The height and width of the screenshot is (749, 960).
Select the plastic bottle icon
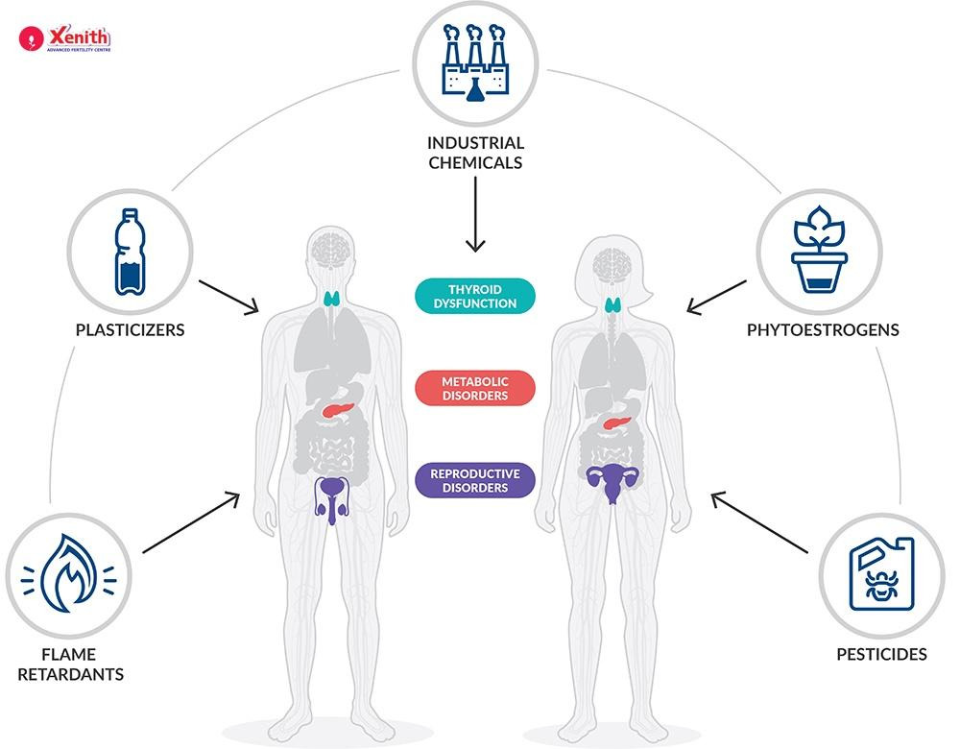(130, 252)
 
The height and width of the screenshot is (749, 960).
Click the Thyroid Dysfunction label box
(474, 296)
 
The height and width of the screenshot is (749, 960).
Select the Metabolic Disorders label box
(474, 388)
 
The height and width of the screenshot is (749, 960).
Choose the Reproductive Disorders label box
(474, 480)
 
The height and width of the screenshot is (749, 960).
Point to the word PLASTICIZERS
(130, 330)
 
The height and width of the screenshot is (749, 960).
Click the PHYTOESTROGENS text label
(823, 330)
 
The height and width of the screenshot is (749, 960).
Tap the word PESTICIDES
(881, 655)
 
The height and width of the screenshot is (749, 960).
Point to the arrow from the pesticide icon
(758, 523)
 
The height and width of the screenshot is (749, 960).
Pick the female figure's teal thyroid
(612, 306)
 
